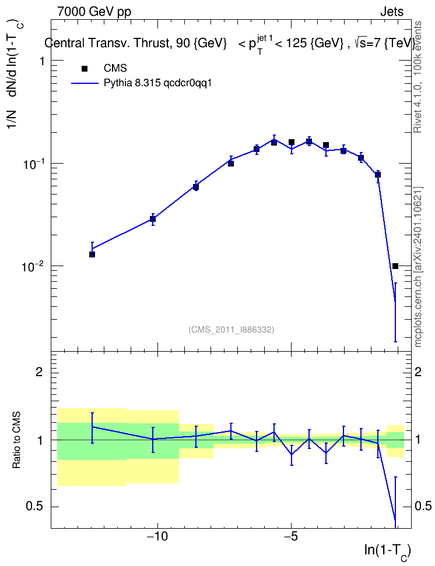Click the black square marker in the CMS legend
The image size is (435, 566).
(x=85, y=69)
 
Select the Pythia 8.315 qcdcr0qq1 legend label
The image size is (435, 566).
(x=157, y=83)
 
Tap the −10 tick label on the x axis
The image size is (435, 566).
(x=157, y=537)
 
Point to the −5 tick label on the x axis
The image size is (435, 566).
(x=291, y=537)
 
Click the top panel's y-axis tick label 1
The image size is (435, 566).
(x=41, y=61)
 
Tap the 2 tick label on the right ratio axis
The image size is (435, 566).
(x=418, y=372)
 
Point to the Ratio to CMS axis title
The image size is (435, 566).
(x=16, y=440)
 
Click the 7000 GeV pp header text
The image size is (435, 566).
(x=94, y=12)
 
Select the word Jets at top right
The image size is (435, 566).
(x=392, y=12)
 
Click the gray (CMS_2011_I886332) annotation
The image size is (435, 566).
(x=231, y=330)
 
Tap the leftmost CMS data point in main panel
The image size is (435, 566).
(x=92, y=254)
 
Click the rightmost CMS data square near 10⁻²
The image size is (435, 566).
(x=395, y=266)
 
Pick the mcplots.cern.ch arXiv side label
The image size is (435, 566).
(x=418, y=267)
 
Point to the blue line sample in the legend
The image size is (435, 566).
(x=85, y=83)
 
